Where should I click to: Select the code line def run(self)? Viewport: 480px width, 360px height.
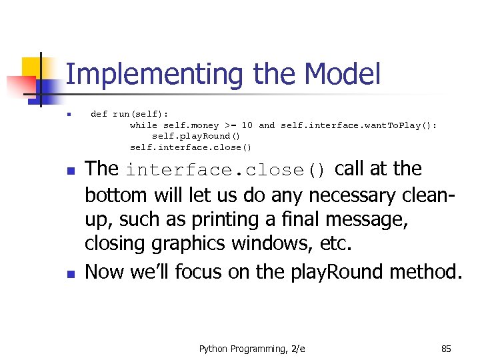[x=129, y=114]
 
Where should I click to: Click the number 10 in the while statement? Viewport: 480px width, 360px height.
[x=247, y=125]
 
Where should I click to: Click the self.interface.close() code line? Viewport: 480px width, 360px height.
[x=191, y=147]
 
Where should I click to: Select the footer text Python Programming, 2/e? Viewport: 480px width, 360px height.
[x=252, y=349]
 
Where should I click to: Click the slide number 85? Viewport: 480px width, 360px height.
[x=446, y=349]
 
